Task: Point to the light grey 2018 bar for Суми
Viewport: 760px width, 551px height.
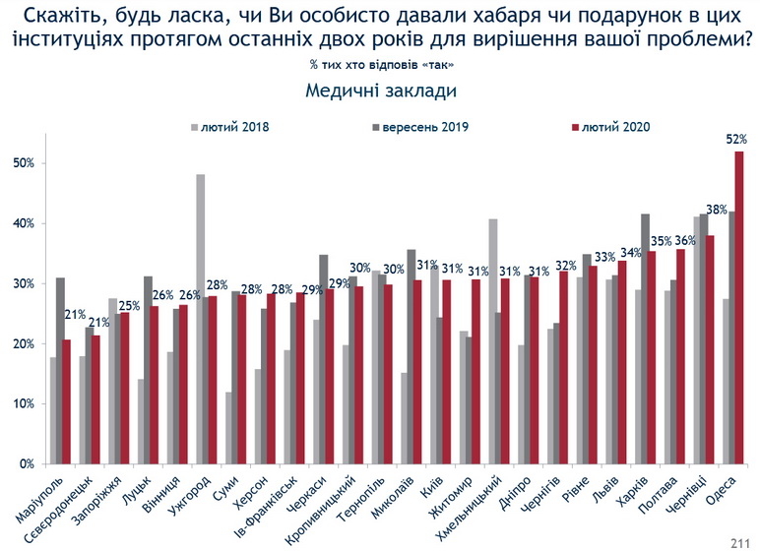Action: tap(228, 427)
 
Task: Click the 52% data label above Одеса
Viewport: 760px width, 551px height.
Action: tap(735, 140)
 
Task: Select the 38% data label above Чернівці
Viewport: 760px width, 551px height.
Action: tap(717, 209)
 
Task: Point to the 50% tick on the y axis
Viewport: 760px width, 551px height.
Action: tap(27, 163)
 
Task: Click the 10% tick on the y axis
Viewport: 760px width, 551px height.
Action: tap(27, 404)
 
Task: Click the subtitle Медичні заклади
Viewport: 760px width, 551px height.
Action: tap(380, 91)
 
